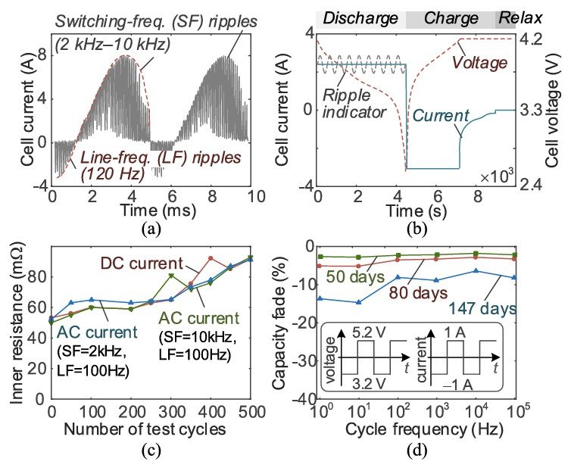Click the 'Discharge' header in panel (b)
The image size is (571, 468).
pyautogui.click(x=360, y=18)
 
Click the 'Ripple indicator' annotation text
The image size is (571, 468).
pyautogui.click(x=354, y=104)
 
